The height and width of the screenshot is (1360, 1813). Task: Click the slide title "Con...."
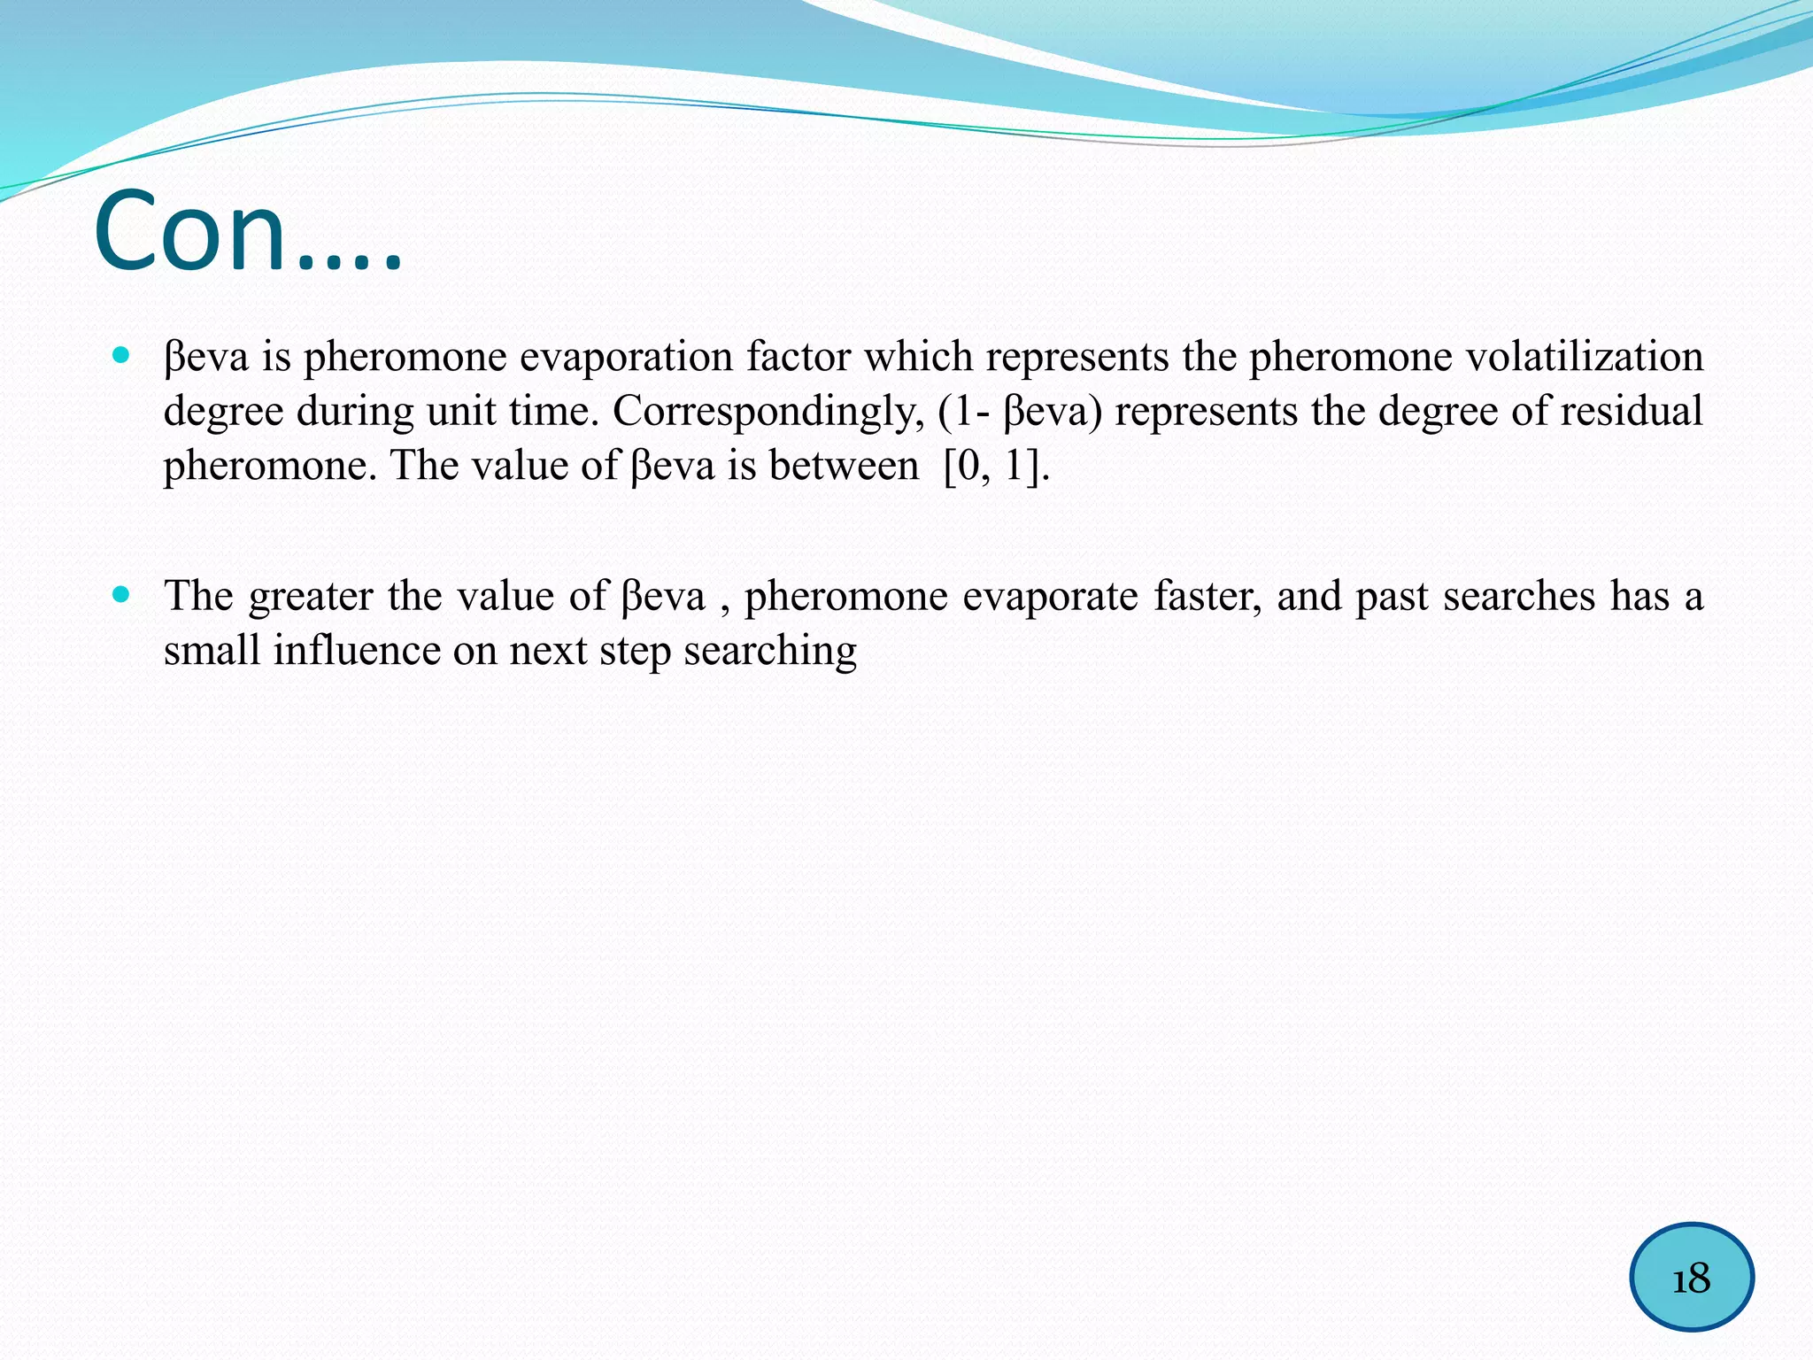(x=248, y=232)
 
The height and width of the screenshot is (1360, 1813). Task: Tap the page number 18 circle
(x=1691, y=1277)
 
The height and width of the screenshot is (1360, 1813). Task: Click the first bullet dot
(x=121, y=356)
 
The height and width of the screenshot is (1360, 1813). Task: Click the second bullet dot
(x=121, y=594)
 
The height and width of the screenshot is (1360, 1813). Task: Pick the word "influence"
(x=356, y=651)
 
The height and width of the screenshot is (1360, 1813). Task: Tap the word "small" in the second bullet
(x=212, y=651)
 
